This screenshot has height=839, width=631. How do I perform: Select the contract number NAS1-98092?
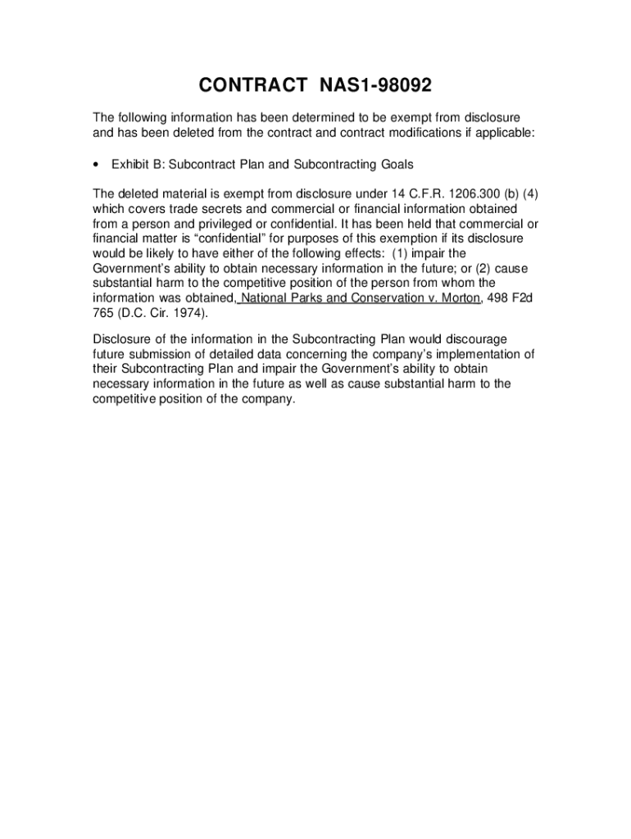(371, 86)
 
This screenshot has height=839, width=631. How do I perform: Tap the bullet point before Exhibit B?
(98, 165)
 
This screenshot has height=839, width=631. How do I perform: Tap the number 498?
(498, 298)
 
